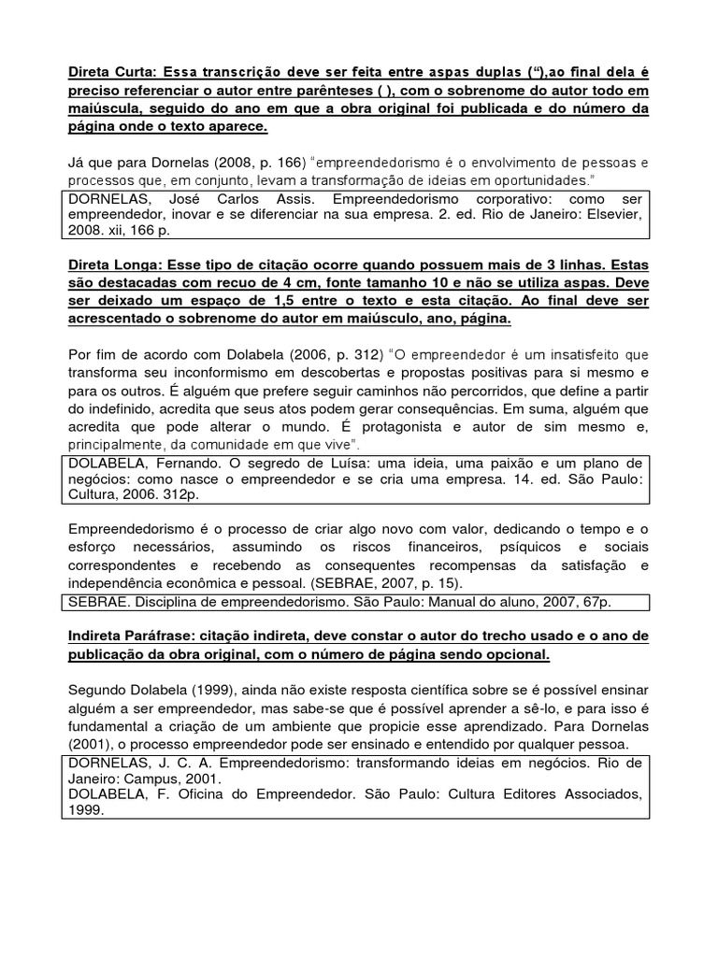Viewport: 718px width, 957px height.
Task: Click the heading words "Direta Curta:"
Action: (x=118, y=71)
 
